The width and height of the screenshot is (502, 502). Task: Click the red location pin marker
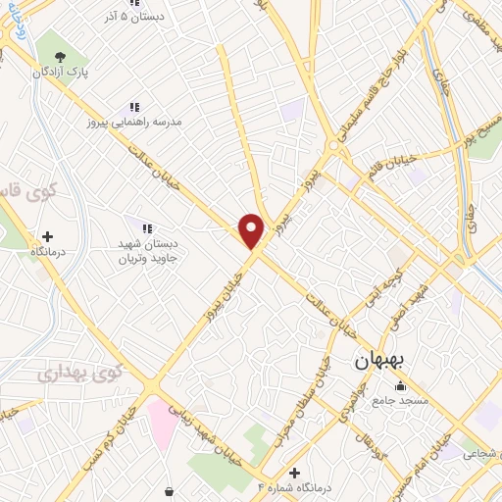(252, 228)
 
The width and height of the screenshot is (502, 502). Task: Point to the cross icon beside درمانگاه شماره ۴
(294, 472)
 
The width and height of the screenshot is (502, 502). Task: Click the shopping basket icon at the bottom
(172, 489)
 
